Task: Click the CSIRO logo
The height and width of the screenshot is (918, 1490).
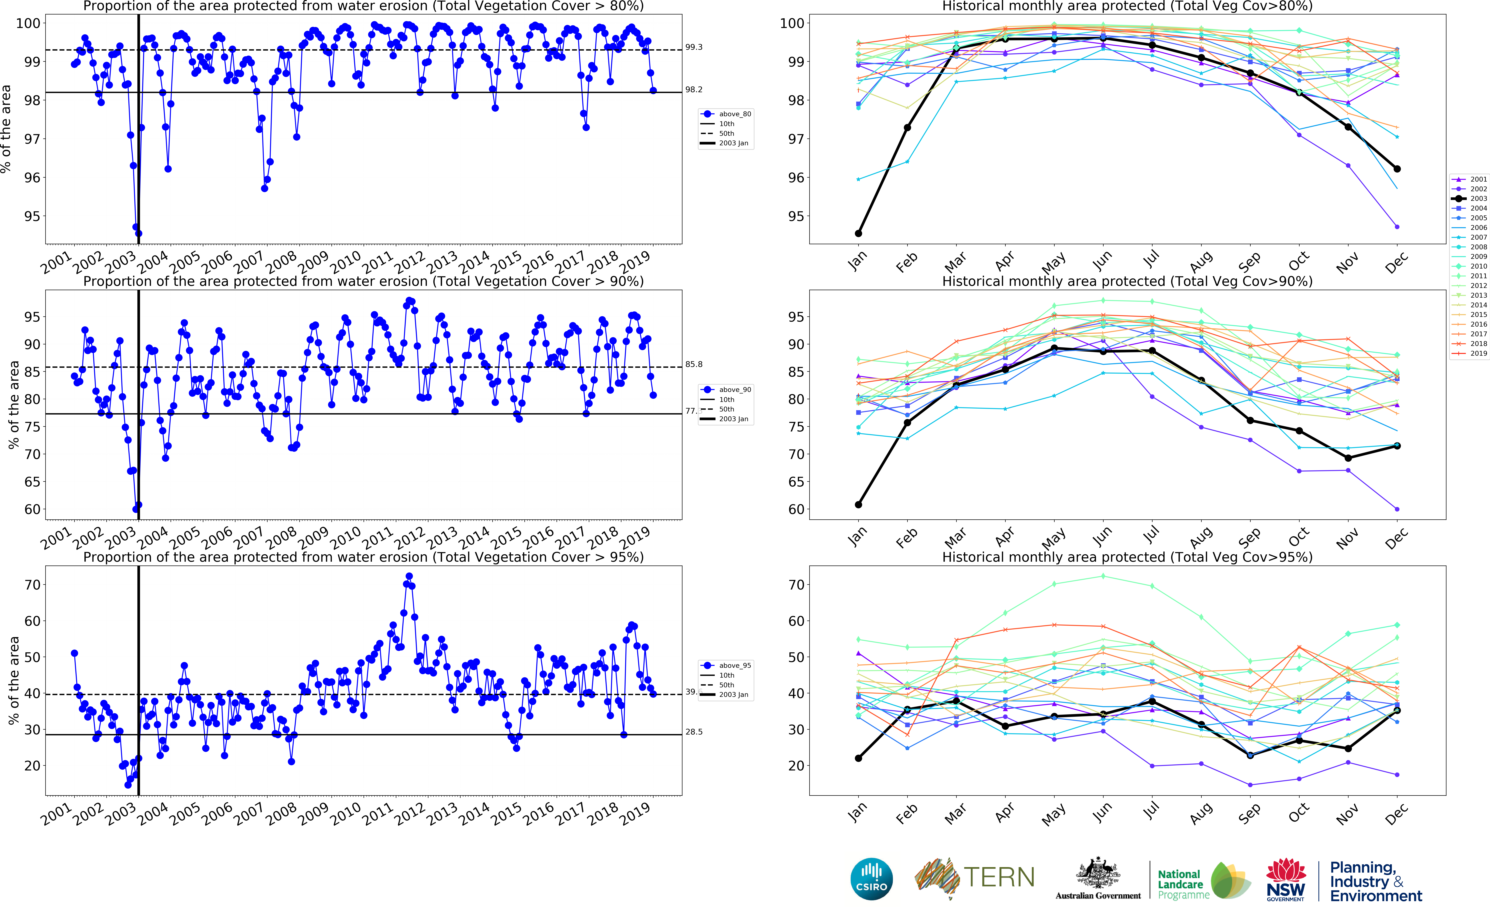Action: pos(872,879)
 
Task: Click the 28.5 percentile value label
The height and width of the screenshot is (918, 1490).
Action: pos(694,732)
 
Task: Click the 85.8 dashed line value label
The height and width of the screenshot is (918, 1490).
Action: pos(694,364)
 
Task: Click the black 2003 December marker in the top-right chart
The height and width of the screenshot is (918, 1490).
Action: pos(1397,169)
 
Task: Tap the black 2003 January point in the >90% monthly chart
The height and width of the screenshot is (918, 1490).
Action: pos(858,504)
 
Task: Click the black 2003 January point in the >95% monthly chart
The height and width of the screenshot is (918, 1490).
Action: pos(858,758)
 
